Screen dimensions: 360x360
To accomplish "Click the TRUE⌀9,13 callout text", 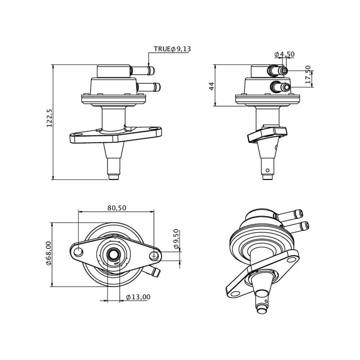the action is click(172, 49).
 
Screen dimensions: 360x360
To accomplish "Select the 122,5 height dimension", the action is click(49, 118).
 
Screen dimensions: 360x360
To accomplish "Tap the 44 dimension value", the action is click(211, 86).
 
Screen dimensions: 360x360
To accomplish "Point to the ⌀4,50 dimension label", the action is click(284, 54).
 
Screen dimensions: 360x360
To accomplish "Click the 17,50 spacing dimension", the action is click(308, 74).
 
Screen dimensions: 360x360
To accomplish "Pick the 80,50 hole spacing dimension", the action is click(117, 208).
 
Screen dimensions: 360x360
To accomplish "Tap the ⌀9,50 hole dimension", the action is click(176, 239).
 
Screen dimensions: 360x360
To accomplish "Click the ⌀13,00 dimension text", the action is click(138, 297).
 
